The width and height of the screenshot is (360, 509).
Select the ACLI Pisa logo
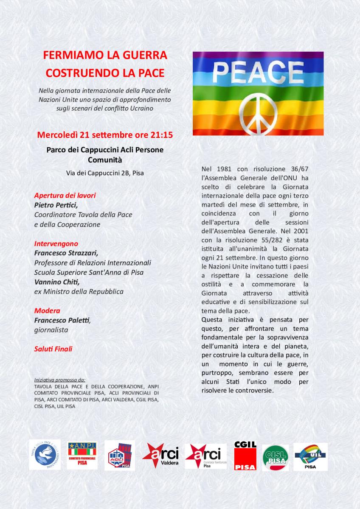[119, 456]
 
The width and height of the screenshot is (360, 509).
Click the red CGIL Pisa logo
[245, 456]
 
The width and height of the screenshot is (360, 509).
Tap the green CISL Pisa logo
[275, 458]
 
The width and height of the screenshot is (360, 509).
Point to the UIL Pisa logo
[310, 456]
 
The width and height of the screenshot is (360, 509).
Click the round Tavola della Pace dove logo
[45, 455]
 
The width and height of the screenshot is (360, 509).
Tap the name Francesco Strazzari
[66, 253]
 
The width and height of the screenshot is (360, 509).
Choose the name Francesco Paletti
[62, 320]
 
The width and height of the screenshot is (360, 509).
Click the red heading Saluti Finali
[53, 349]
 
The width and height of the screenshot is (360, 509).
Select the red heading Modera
[47, 310]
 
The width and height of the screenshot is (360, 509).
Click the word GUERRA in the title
[142, 55]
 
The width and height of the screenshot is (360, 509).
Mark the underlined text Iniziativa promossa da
[60, 380]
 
